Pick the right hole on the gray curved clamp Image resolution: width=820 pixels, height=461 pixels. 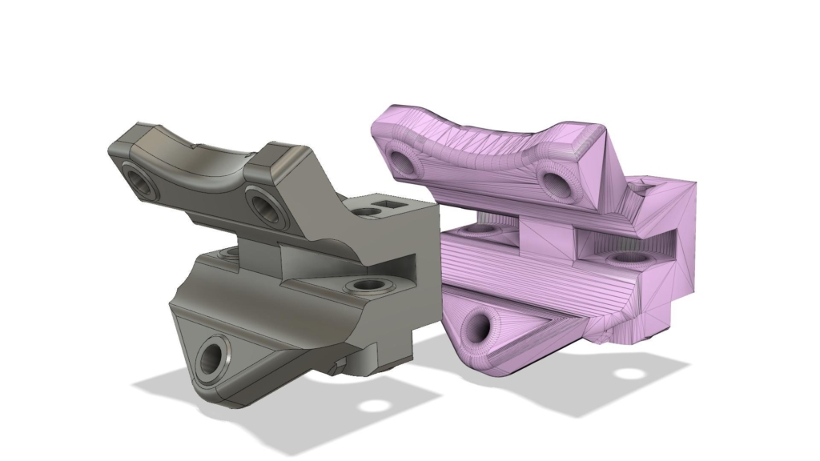263,205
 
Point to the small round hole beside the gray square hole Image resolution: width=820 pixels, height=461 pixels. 368,212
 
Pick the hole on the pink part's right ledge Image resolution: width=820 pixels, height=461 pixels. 626,259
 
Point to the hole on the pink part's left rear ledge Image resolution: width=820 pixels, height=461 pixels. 482,228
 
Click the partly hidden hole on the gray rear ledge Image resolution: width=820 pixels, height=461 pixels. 227,253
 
